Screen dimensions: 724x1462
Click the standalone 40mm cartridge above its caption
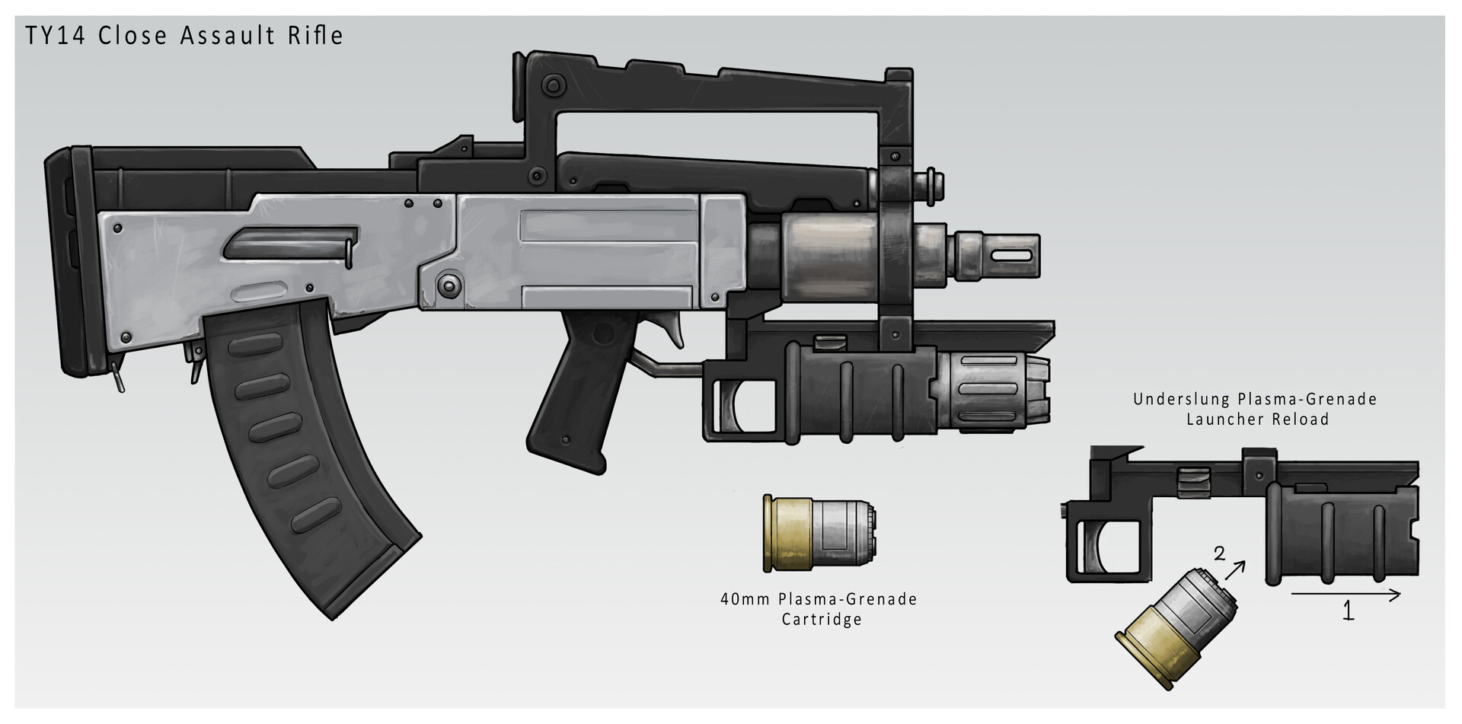819,534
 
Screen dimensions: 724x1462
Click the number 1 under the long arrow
1347,611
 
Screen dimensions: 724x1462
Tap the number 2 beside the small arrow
1219,553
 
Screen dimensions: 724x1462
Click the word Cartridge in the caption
822,619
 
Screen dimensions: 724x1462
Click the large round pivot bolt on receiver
448,286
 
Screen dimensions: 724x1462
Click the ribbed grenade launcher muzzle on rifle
990,388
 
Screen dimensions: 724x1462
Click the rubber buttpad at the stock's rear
65,259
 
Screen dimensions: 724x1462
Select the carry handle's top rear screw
554,83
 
